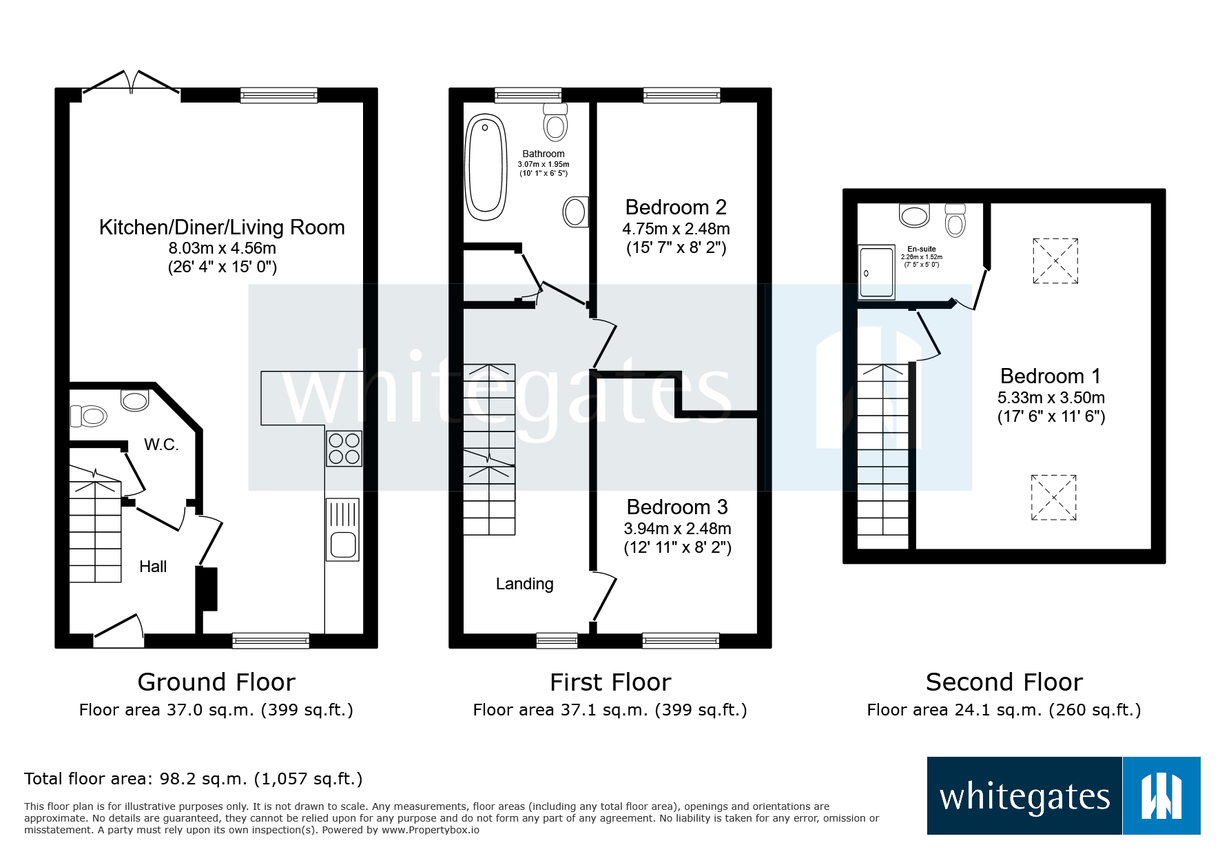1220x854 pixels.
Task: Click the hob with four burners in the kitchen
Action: [344, 449]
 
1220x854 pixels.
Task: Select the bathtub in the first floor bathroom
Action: [486, 167]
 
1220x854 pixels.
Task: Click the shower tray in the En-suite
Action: [876, 272]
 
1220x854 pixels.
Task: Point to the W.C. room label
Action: [161, 445]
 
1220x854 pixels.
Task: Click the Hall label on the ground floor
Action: [153, 567]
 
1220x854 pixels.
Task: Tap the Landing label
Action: [524, 584]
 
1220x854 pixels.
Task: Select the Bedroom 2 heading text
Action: [676, 207]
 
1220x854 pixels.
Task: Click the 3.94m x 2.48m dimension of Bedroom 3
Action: [677, 529]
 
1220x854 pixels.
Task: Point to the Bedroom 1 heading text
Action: [1051, 376]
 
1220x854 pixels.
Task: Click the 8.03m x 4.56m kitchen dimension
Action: [222, 248]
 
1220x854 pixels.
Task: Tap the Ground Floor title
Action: [216, 682]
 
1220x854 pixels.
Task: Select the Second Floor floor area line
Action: [1004, 710]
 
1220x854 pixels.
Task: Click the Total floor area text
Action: [193, 779]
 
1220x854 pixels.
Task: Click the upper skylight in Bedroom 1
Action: [1055, 261]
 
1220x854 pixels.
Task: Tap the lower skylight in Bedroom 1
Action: [1053, 497]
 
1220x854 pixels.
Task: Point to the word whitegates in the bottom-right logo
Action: [1024, 797]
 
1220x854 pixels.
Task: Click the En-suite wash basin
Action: [914, 215]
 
